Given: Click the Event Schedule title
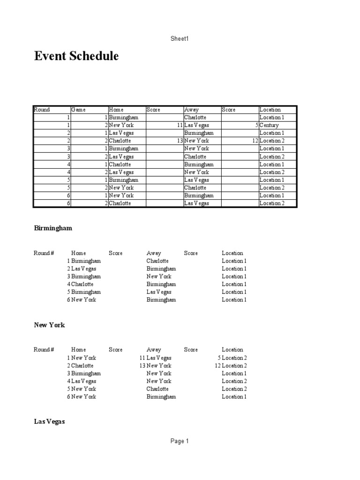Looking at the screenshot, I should tap(76, 56).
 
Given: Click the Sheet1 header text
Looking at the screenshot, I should tap(180, 38).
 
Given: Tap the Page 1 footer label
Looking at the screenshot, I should tap(180, 441).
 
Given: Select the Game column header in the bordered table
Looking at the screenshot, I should tap(78, 110).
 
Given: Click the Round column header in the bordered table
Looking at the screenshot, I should tap(42, 110).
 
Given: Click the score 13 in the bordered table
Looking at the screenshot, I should tap(180, 141).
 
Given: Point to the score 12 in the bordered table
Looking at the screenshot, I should tap(255, 141).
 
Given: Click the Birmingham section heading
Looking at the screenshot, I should tap(53, 228).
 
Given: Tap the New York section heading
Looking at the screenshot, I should tap(49, 325).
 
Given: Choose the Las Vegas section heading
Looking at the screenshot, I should tap(49, 421).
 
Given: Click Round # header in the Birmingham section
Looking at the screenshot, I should tap(44, 253).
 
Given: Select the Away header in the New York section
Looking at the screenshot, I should tap(154, 350).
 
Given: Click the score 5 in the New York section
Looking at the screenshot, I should tap(219, 358).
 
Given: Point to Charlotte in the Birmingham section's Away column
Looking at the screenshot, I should tap(157, 261).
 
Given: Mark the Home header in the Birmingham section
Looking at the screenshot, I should tap(79, 253).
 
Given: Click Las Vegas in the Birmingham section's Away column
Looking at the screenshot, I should tap(159, 292).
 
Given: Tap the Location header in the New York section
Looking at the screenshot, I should tap(232, 350).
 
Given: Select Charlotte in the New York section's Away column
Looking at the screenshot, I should tap(157, 389).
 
